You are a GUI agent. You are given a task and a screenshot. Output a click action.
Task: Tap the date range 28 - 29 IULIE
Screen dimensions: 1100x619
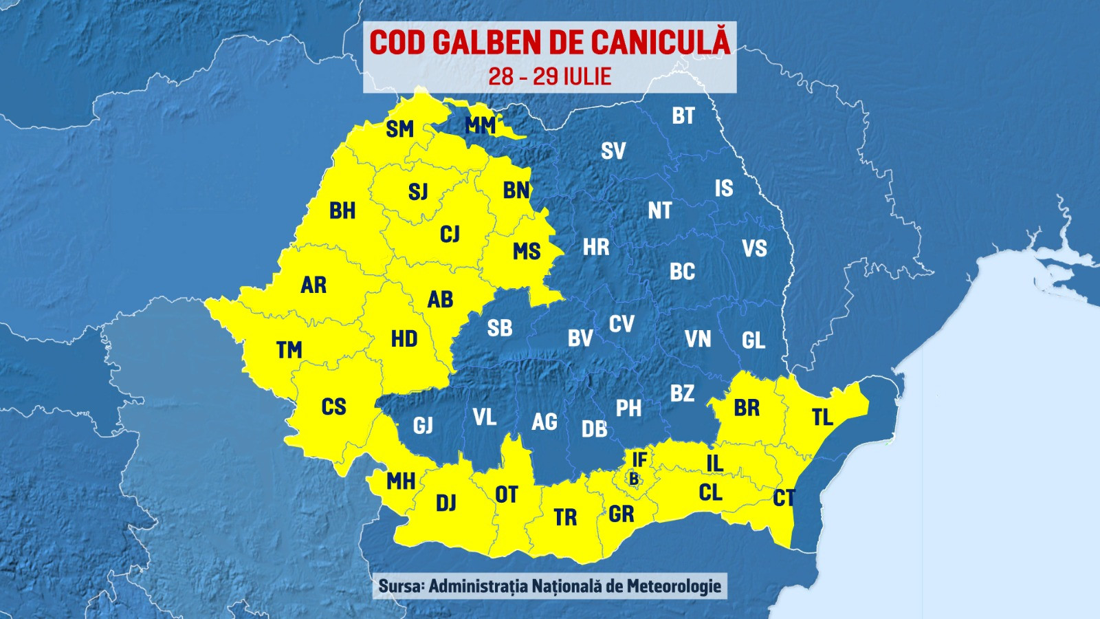[x=550, y=76]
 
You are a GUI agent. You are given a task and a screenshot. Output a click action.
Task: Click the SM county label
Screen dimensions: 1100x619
[x=399, y=129]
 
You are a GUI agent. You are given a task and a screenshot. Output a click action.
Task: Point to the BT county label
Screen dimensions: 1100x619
[x=683, y=116]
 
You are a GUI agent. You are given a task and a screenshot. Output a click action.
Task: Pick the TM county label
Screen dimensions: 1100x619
[x=289, y=350]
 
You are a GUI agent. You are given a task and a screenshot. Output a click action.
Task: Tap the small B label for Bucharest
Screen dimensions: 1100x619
[x=634, y=479]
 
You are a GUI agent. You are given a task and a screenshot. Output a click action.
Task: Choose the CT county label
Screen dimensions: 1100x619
[x=784, y=498]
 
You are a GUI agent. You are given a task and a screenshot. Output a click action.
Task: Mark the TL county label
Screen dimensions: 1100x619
[x=822, y=417]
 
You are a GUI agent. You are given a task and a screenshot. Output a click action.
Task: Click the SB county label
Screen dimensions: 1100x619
[x=500, y=329]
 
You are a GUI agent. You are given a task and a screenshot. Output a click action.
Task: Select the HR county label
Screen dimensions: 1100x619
[x=596, y=248]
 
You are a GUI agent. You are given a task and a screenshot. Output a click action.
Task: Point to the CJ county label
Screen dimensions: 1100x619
[x=450, y=235]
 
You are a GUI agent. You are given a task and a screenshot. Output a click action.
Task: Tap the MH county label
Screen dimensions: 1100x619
[x=401, y=481]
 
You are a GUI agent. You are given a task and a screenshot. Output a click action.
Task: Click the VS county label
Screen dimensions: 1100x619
[x=754, y=248]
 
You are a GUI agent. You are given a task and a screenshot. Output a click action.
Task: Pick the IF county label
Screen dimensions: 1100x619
[x=639, y=459]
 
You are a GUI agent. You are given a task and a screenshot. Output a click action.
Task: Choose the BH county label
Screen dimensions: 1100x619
[x=342, y=210]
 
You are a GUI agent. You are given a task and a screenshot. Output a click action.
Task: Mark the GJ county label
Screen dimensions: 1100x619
[x=423, y=426]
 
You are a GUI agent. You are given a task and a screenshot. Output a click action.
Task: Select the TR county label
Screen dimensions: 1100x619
[x=565, y=517]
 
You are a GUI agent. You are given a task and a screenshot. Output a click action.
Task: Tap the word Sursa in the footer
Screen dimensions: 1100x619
[x=401, y=586]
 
